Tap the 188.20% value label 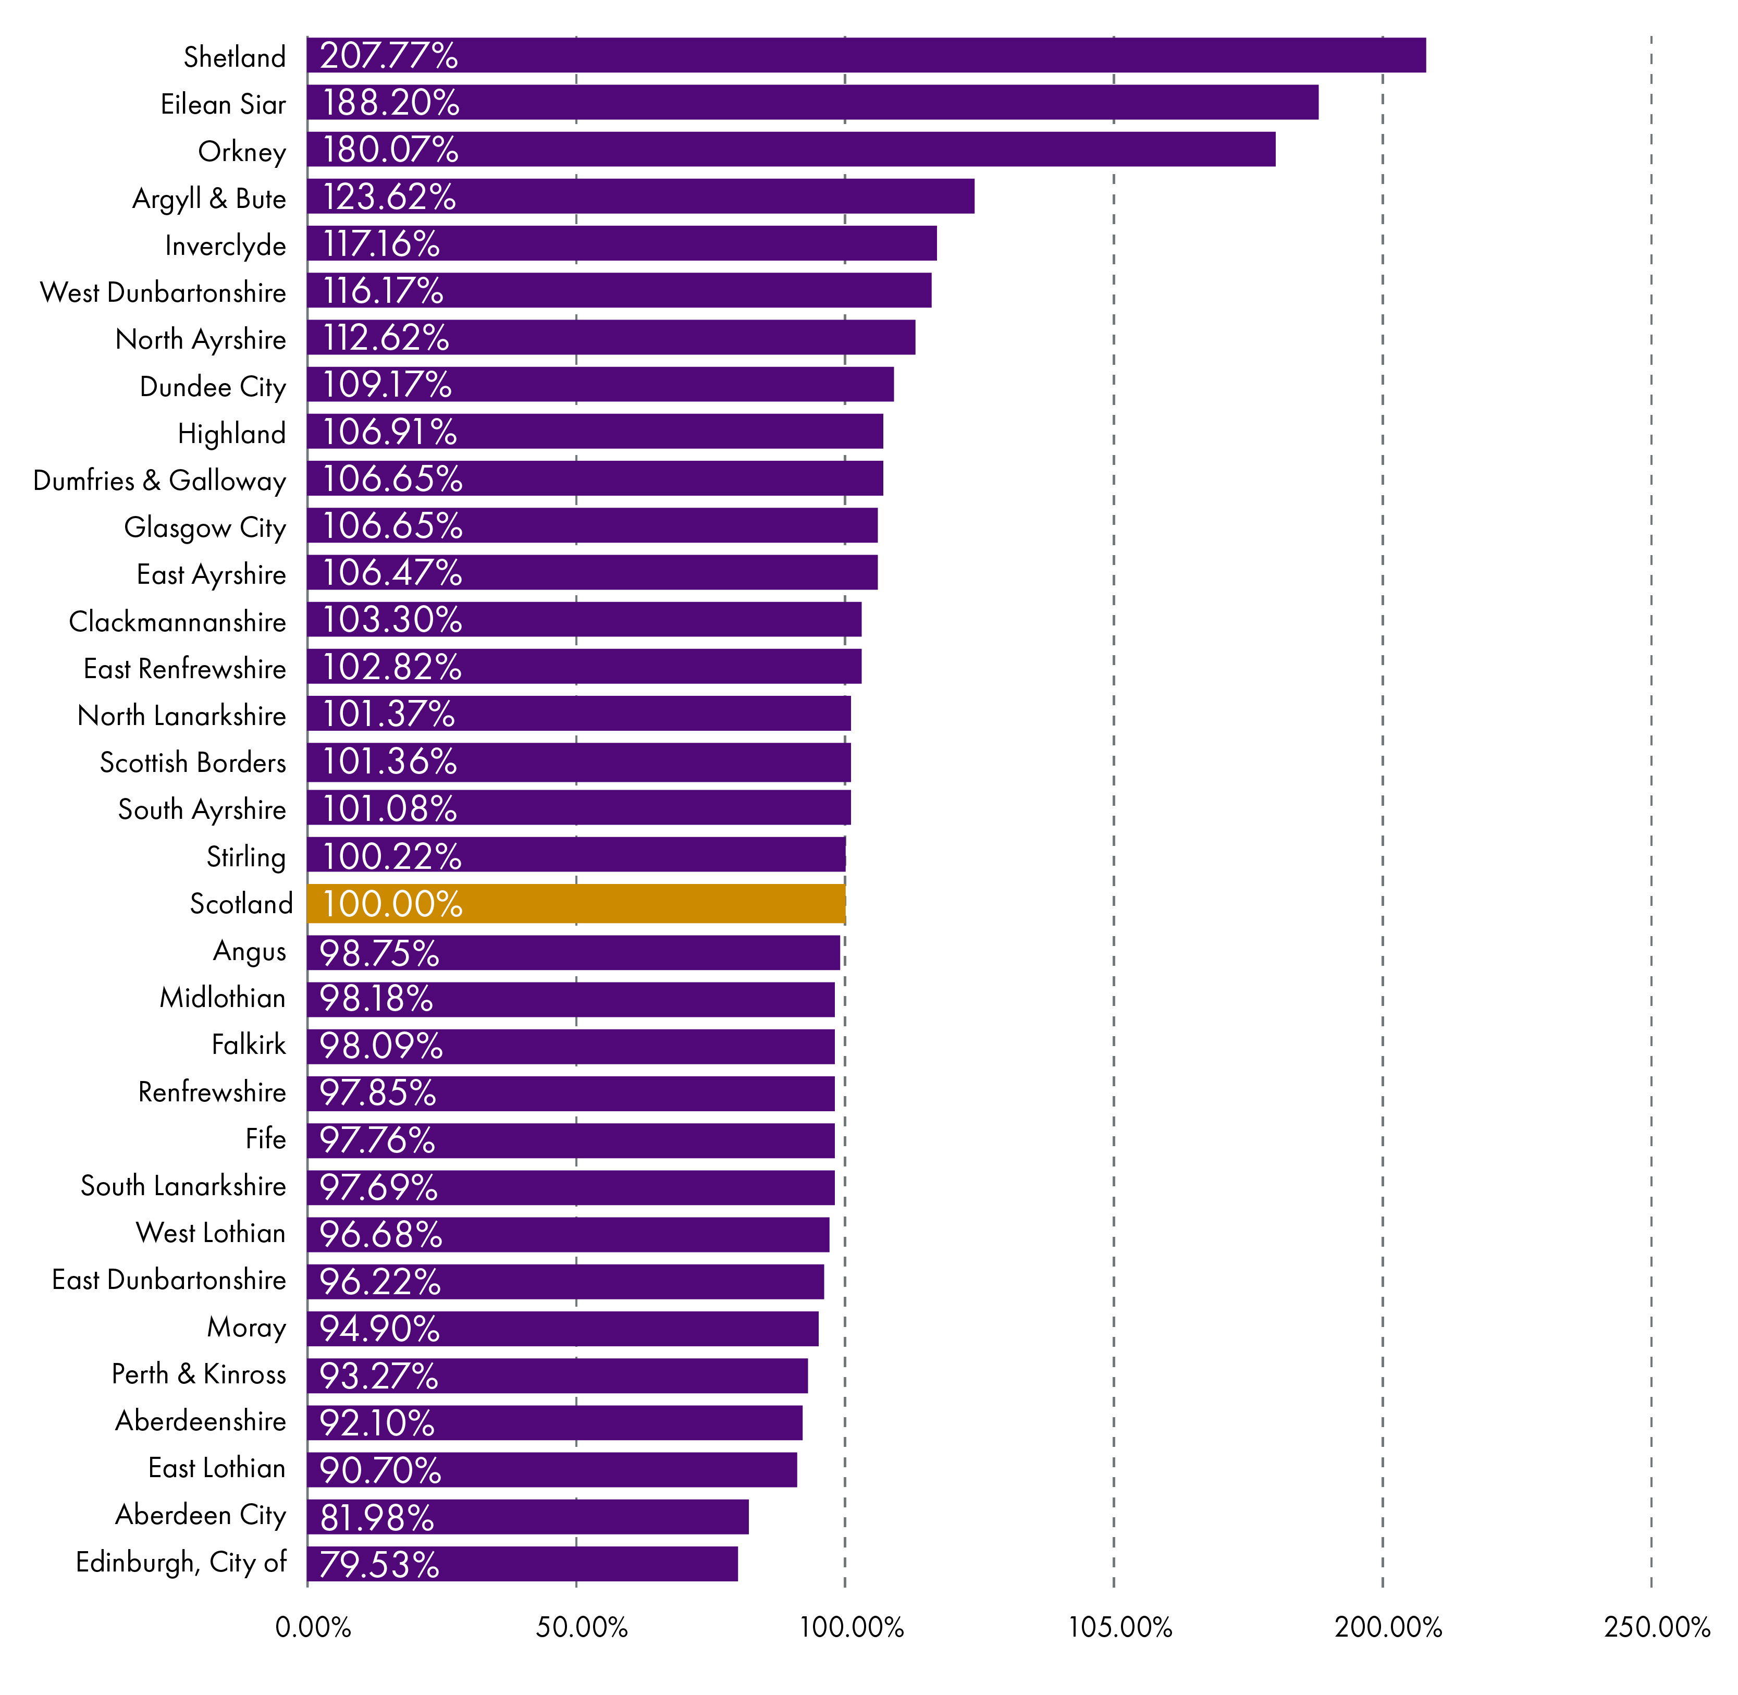click(390, 102)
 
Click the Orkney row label click(241, 151)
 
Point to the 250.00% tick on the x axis click(1656, 1627)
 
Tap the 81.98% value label click(376, 1517)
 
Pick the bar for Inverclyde click(621, 243)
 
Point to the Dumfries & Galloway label click(159, 481)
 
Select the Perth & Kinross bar click(557, 1375)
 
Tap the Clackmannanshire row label click(177, 621)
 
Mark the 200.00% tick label click(1387, 1627)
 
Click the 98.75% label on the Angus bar click(379, 953)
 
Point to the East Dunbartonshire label click(169, 1279)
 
